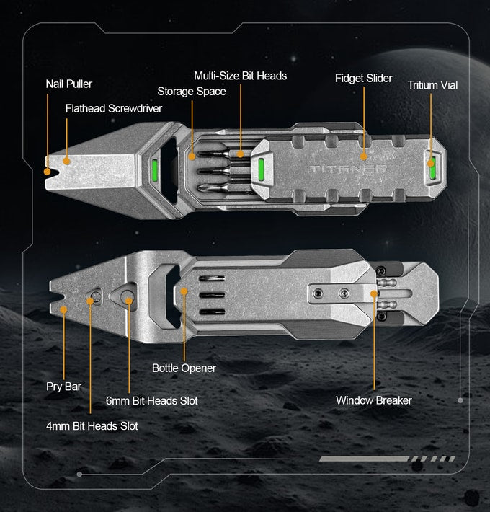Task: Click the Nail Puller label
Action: coord(68,84)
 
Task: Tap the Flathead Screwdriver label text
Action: coord(114,109)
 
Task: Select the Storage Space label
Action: coord(192,91)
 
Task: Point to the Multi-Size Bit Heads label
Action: coord(240,76)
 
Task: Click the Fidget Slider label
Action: coord(363,78)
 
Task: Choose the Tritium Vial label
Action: coord(432,85)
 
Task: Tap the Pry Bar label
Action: coord(63,387)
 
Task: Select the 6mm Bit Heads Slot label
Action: coord(151,400)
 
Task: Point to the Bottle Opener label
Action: coord(184,368)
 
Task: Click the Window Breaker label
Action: coord(374,400)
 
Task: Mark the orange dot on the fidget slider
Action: coord(364,155)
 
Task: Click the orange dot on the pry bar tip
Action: coord(64,311)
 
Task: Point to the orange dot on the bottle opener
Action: coord(184,292)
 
